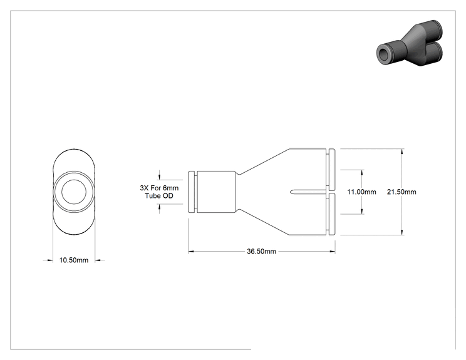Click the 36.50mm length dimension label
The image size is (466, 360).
[261, 251]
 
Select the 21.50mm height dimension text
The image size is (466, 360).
[401, 192]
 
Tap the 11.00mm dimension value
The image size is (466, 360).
[361, 192]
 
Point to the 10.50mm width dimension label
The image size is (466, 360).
[74, 260]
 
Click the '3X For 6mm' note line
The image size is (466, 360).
[159, 188]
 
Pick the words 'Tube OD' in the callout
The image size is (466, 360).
[159, 196]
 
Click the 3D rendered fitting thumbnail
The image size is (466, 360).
[410, 43]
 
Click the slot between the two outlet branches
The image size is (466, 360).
[309, 192]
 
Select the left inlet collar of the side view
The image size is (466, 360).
[192, 192]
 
